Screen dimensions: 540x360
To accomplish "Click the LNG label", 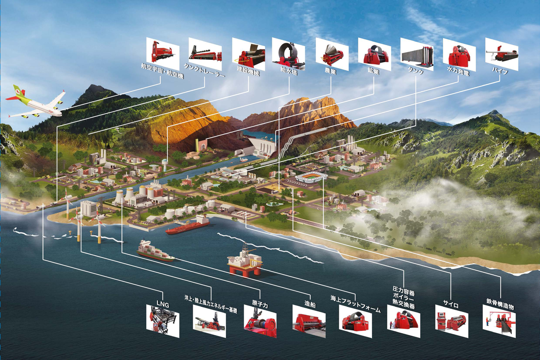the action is tap(163, 305).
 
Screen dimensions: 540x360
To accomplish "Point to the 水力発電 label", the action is tap(458, 71).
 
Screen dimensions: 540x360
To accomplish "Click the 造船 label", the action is tap(310, 304).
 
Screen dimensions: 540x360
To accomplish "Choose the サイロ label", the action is tap(451, 305).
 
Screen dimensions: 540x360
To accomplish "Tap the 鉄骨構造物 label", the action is tap(500, 304).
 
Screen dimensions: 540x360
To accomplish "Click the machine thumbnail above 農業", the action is tap(332, 54).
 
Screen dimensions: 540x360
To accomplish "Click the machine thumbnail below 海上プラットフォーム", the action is tap(355, 321).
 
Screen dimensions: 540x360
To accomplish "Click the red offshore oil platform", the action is tap(245, 260).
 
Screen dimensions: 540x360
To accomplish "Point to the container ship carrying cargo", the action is tap(155, 251).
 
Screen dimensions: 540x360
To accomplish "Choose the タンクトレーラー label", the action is tap(204, 70).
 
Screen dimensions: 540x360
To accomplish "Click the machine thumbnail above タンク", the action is tap(417, 54).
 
